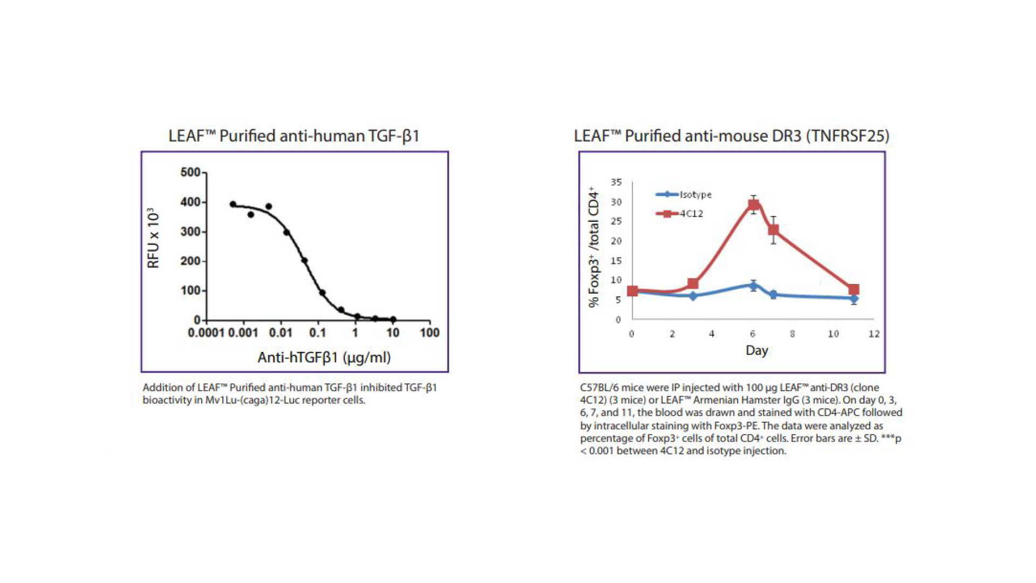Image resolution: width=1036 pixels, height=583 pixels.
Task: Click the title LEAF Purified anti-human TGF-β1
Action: point(294,135)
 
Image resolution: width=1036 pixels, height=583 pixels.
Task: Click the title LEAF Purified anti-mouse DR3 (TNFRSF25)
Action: point(731,135)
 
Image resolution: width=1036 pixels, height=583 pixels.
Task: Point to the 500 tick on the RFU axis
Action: point(190,172)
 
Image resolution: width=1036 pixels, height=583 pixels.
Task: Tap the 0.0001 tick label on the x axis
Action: point(206,333)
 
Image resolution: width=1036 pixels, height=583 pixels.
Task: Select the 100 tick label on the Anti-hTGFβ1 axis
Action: point(430,333)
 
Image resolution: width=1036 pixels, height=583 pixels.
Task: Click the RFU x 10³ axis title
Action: point(153,238)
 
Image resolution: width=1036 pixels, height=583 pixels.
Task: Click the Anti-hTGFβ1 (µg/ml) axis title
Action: point(324,357)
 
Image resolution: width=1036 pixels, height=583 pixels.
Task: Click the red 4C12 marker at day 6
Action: point(754,205)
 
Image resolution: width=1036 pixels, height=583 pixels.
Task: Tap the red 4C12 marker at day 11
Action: point(854,289)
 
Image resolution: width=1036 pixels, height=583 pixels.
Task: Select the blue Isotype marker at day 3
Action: point(693,296)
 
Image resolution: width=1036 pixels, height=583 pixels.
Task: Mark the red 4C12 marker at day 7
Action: point(773,230)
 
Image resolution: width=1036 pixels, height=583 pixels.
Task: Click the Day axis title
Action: point(756,350)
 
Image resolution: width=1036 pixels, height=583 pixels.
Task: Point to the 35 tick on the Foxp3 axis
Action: point(616,182)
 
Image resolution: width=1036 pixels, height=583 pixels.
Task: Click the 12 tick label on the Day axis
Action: point(874,334)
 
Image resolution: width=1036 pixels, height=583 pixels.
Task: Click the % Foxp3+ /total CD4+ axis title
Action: point(594,247)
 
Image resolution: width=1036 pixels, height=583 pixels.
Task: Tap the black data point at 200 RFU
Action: point(304,261)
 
